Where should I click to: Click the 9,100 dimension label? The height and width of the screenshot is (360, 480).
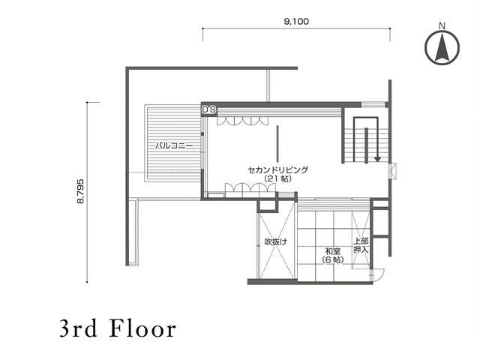(296, 22)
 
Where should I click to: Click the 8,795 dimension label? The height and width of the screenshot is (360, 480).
(80, 191)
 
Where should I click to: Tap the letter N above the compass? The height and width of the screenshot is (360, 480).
(442, 26)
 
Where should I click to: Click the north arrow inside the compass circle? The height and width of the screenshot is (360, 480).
(442, 47)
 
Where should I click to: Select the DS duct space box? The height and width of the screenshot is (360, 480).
(209, 110)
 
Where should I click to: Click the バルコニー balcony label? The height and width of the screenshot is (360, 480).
(174, 145)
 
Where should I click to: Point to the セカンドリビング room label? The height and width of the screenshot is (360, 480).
(277, 170)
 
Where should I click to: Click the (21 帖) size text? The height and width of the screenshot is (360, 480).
(277, 178)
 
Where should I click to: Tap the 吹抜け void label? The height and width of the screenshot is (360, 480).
(276, 241)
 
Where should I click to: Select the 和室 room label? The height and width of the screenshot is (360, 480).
(333, 252)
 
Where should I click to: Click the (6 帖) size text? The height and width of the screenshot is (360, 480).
(333, 260)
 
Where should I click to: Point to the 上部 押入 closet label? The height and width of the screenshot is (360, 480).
(361, 245)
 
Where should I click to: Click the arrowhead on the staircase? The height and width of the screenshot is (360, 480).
(377, 159)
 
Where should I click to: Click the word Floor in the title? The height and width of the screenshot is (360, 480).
(143, 328)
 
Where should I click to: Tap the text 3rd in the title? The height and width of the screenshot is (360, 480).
(78, 328)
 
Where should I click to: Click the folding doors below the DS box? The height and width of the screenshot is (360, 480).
(242, 121)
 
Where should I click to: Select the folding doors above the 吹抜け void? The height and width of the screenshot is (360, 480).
(250, 187)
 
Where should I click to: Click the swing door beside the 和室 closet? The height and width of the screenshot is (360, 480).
(378, 273)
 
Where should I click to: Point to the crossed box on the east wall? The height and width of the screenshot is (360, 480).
(393, 171)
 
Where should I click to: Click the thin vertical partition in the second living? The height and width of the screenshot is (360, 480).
(277, 143)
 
